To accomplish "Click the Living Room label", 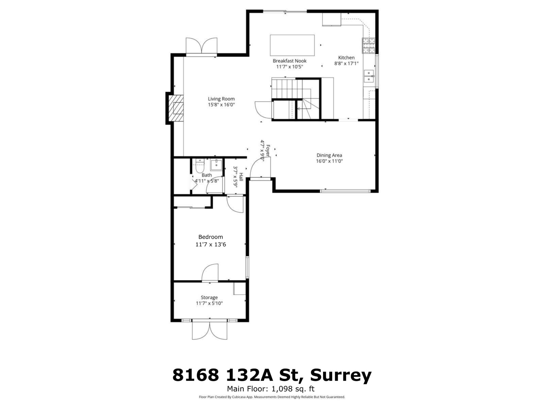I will pyautogui.click(x=221, y=99).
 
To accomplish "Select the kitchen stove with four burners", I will pyautogui.click(x=369, y=46).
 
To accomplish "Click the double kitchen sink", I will pyautogui.click(x=369, y=76).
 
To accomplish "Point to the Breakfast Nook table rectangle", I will pyautogui.click(x=292, y=45).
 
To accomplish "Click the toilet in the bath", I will pyautogui.click(x=200, y=166).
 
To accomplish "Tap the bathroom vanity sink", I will pyautogui.click(x=216, y=165).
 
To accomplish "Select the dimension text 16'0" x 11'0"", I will pyautogui.click(x=329, y=161).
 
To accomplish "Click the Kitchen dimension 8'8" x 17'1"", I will pyautogui.click(x=346, y=63).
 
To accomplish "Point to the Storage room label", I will pyautogui.click(x=209, y=297).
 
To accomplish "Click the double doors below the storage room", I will pyautogui.click(x=210, y=330).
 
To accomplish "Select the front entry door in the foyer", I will pyautogui.click(x=258, y=168).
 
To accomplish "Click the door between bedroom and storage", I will pyautogui.click(x=210, y=273).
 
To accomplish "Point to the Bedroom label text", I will pyautogui.click(x=210, y=237).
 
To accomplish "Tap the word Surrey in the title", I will pyautogui.click(x=341, y=375).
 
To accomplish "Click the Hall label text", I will pyautogui.click(x=241, y=177).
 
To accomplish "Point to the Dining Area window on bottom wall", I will pyautogui.click(x=345, y=191).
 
